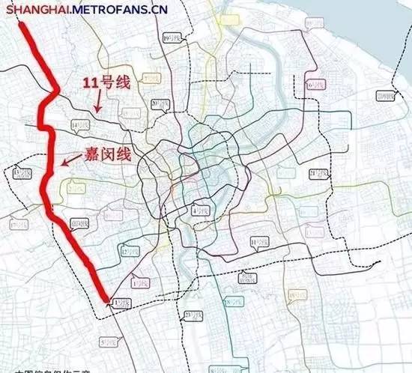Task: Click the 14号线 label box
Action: pyautogui.click(x=77, y=124)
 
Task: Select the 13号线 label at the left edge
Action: pyautogui.click(x=21, y=173)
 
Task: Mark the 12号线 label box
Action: pyautogui.click(x=127, y=252)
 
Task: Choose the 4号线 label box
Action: pyautogui.click(x=201, y=210)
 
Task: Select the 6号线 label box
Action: pyautogui.click(x=315, y=85)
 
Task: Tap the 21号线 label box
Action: pyautogui.click(x=317, y=173)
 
